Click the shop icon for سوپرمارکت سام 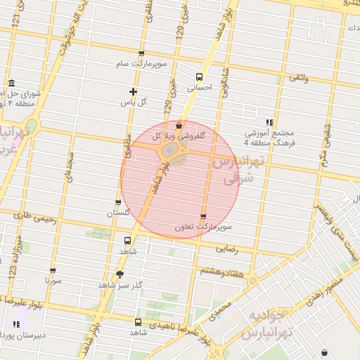point(141,53)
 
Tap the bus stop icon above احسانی point(199,77)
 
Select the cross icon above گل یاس point(133,91)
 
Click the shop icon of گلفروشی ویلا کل point(179,124)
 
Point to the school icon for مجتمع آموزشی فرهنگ point(269,122)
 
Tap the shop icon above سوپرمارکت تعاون point(203,217)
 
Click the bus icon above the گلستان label point(117,202)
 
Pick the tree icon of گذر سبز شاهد point(119,275)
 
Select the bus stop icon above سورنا point(53,271)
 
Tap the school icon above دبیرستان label point(15,324)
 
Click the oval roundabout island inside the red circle point(170,150)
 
